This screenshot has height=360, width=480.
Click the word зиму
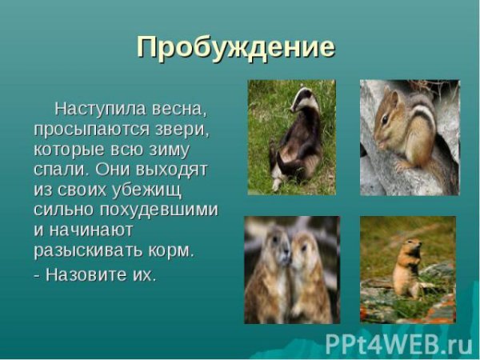[179, 149]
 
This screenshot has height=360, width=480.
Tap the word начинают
[91, 230]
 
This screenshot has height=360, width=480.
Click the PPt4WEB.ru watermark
[398, 342]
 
